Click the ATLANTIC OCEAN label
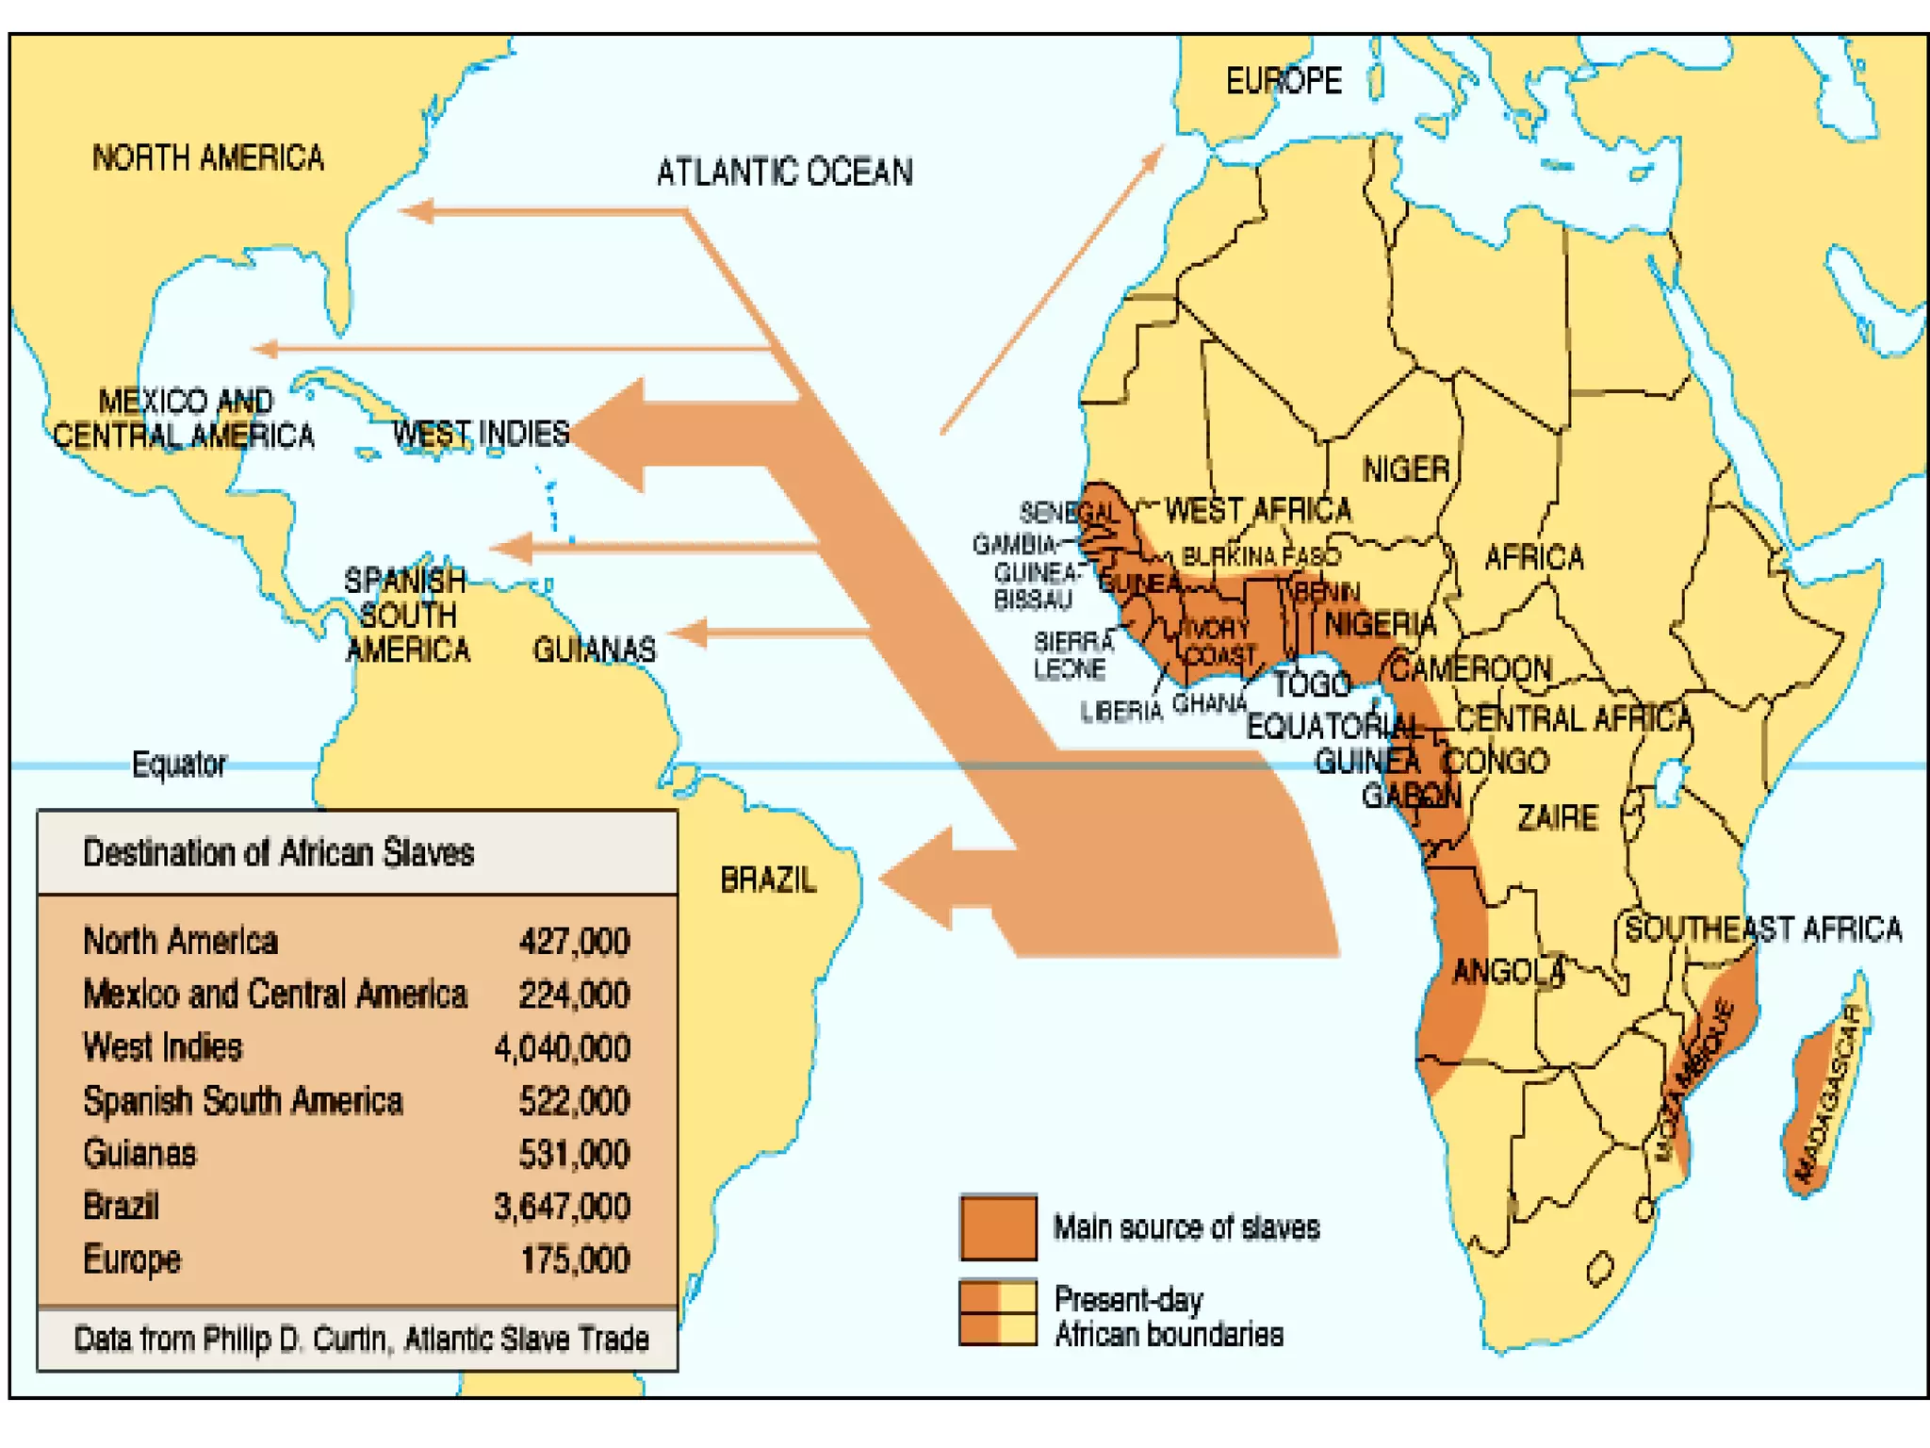[784, 172]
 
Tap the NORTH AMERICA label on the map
[207, 157]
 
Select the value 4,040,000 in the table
[562, 1047]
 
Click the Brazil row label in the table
[121, 1206]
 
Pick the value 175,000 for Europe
[575, 1259]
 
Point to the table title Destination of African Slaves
[278, 852]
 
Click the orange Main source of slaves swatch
[998, 1226]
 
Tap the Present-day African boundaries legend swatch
[998, 1311]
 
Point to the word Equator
[179, 764]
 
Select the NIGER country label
[1405, 469]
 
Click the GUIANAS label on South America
[595, 650]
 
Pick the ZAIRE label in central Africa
[1557, 817]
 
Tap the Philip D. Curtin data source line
[361, 1339]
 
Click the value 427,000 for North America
[574, 941]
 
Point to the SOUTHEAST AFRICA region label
[1762, 930]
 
